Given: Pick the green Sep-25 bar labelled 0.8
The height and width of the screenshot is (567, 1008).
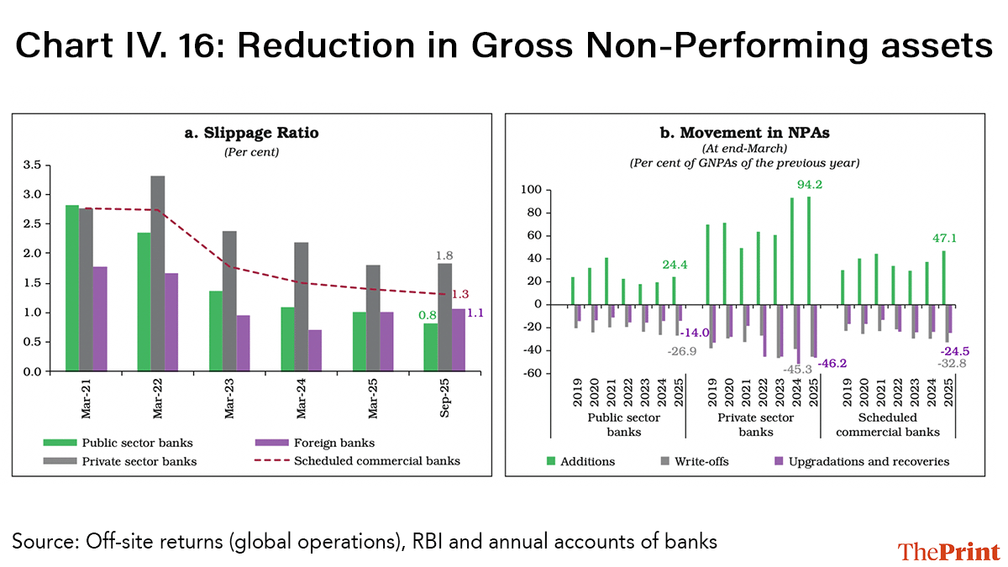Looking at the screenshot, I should click(430, 347).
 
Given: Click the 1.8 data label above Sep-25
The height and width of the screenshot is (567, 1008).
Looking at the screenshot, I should click(444, 255).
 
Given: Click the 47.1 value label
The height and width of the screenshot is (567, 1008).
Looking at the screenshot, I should click(945, 239).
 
